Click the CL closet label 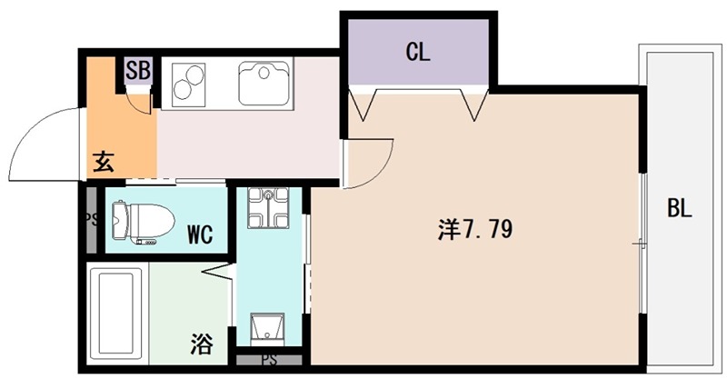pyautogui.click(x=417, y=53)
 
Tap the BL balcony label pyautogui.click(x=680, y=208)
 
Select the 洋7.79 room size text pyautogui.click(x=475, y=231)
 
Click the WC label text pyautogui.click(x=200, y=235)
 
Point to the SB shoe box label pyautogui.click(x=138, y=70)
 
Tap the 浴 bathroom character pyautogui.click(x=201, y=344)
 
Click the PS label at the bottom pyautogui.click(x=269, y=361)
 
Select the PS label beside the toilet pyautogui.click(x=90, y=219)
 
